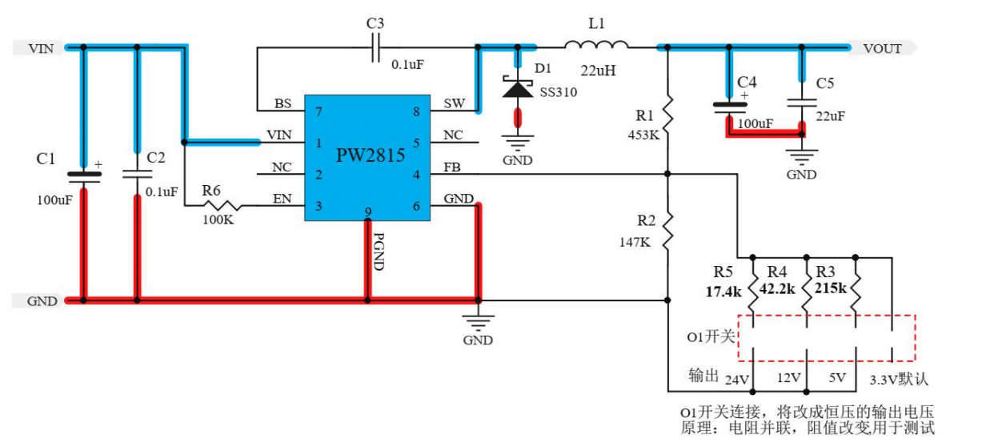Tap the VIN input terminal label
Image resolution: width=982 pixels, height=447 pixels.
pyautogui.click(x=41, y=49)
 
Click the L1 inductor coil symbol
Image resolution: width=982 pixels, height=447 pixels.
pyautogui.click(x=596, y=45)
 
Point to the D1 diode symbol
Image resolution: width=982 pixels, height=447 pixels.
pyautogui.click(x=517, y=87)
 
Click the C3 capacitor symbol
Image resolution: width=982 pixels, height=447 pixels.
pyautogui.click(x=376, y=48)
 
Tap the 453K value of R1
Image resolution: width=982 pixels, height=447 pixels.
pyautogui.click(x=643, y=135)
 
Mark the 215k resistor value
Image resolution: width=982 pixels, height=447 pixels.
pyautogui.click(x=831, y=286)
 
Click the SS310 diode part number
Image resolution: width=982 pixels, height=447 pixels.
pyautogui.click(x=558, y=92)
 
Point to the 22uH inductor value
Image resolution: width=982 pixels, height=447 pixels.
pyautogui.click(x=597, y=70)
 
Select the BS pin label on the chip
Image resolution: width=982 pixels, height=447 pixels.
pyautogui.click(x=283, y=104)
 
